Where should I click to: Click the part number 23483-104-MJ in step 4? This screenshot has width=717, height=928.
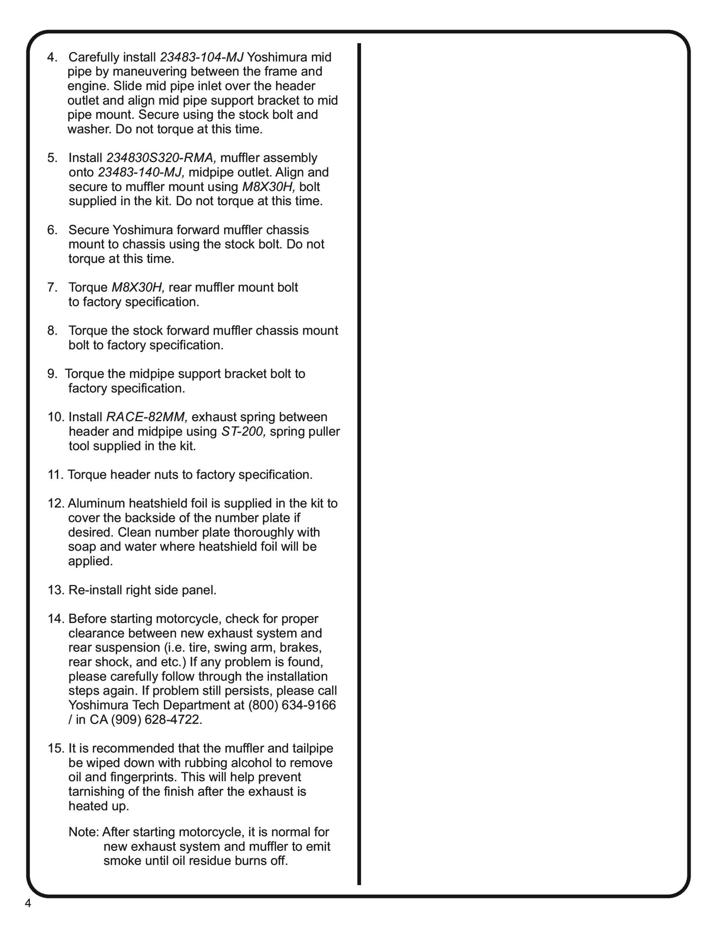pyautogui.click(x=202, y=57)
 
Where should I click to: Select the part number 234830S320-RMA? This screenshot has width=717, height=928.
pyautogui.click(x=161, y=158)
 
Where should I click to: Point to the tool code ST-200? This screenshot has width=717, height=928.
pyautogui.click(x=244, y=431)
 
